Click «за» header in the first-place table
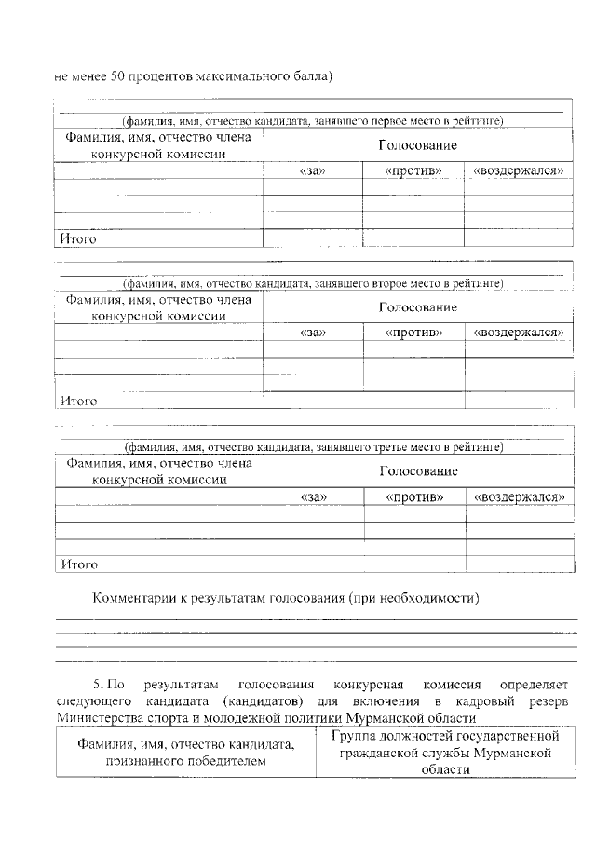tap(312, 171)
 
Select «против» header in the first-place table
tap(413, 171)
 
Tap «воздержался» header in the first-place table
tap(519, 171)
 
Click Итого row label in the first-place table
tap(79, 239)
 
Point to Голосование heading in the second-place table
tap(417, 307)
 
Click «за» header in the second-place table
tap(312, 333)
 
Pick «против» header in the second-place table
tap(413, 333)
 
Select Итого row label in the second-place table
tap(79, 401)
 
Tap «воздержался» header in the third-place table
tap(520, 497)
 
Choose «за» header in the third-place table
tap(313, 497)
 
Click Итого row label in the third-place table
tap(79, 564)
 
